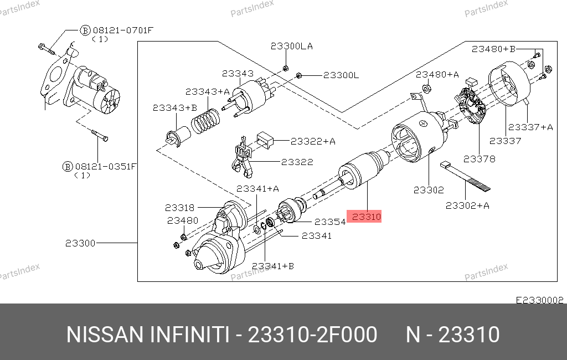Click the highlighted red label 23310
(364, 217)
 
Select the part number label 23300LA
(291, 47)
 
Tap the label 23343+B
(175, 108)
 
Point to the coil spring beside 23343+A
(206, 119)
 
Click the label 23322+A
(313, 141)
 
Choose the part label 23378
(480, 158)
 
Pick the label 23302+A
(468, 205)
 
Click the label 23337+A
(530, 127)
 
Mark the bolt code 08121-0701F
(123, 30)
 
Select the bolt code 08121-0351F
(106, 166)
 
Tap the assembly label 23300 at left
(80, 243)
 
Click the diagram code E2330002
(539, 300)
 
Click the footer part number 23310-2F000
(312, 335)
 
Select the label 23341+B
(272, 266)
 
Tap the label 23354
(330, 222)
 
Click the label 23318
(179, 208)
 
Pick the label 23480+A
(437, 74)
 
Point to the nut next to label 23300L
(299, 75)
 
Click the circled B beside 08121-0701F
(85, 30)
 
